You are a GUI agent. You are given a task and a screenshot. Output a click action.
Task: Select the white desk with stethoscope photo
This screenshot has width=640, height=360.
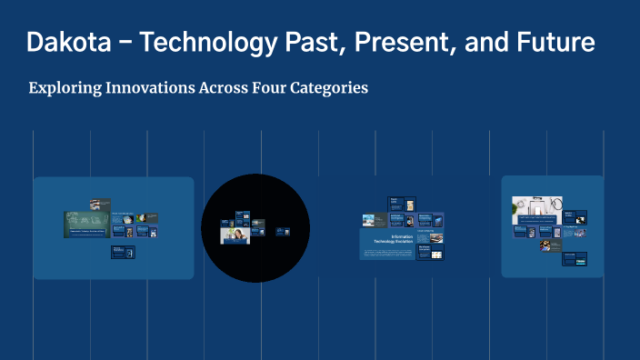pyautogui.click(x=534, y=207)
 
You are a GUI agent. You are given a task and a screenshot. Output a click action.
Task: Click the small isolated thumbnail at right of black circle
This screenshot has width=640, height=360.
pyautogui.click(x=283, y=232)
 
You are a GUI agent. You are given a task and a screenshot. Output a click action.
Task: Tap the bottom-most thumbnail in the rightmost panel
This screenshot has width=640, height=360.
pyautogui.click(x=574, y=259)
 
